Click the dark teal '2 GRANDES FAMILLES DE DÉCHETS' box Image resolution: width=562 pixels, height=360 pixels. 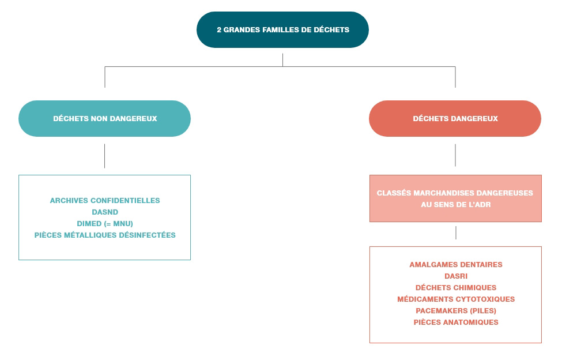(282, 30)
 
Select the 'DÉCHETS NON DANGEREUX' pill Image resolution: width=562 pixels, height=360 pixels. (105, 119)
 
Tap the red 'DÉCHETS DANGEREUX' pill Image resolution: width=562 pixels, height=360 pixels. (455, 119)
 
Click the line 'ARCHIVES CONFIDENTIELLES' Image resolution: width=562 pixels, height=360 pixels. (105, 200)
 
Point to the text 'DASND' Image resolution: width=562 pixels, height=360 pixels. (105, 212)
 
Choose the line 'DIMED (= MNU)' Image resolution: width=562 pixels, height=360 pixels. (105, 224)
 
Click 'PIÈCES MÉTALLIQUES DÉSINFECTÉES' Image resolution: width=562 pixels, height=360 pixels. (105, 235)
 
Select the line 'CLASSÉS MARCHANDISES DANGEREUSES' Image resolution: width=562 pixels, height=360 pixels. (455, 193)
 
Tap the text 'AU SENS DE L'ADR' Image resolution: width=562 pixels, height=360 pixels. (456, 204)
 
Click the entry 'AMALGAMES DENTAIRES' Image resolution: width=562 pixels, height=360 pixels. (456, 265)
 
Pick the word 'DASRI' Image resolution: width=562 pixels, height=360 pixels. (456, 276)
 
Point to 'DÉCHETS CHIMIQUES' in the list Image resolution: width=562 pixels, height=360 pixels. (456, 287)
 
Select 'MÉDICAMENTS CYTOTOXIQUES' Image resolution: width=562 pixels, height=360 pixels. (456, 299)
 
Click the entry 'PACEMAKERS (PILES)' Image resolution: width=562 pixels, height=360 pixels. (456, 310)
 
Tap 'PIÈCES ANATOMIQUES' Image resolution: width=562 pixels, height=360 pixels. (456, 322)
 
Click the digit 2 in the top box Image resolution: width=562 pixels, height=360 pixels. (219, 30)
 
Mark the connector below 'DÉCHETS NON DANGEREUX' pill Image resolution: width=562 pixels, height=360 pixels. (105, 156)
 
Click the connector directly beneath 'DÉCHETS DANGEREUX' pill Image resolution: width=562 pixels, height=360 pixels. (455, 155)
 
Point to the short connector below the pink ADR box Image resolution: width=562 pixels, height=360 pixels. (456, 232)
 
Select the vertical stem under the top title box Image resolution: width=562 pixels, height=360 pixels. (282, 60)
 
